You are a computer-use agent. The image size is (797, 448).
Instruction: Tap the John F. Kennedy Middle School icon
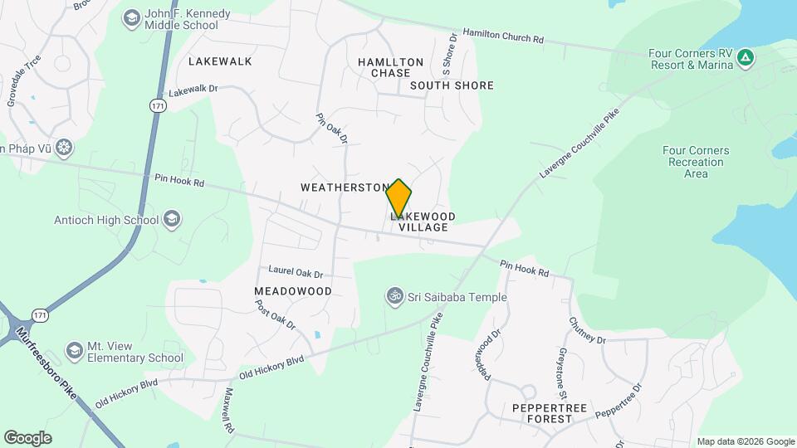(x=131, y=18)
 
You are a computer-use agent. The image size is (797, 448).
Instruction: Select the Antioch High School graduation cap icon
(x=172, y=220)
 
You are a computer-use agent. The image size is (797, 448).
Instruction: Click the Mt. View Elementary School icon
(x=75, y=352)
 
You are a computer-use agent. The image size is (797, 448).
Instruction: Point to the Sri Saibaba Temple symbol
(x=394, y=296)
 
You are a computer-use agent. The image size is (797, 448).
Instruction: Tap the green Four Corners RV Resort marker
(x=746, y=57)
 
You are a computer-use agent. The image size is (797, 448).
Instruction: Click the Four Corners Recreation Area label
(x=696, y=162)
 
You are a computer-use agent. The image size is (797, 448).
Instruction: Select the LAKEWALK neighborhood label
(x=219, y=61)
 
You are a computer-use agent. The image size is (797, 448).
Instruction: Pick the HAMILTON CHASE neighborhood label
(x=390, y=68)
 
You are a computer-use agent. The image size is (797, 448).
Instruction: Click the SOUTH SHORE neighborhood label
(x=452, y=85)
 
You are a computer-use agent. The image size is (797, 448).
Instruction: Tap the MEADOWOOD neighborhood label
(x=293, y=291)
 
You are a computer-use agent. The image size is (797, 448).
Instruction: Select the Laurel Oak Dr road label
(x=296, y=272)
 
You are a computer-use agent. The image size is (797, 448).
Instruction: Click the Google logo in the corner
(x=27, y=437)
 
